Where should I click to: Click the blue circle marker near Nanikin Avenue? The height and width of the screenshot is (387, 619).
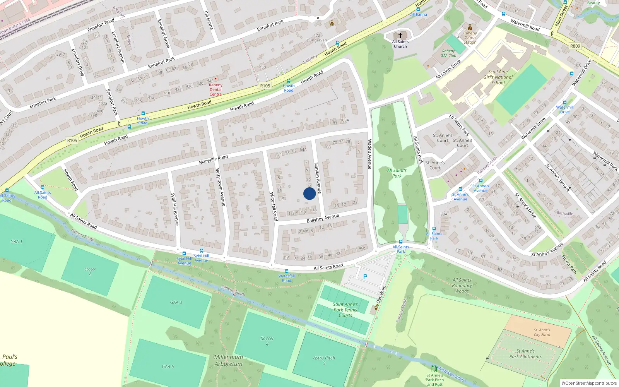coord(309,193)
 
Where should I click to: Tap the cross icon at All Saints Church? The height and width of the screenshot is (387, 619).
coord(400,35)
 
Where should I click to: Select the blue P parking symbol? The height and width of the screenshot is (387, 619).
coord(365,277)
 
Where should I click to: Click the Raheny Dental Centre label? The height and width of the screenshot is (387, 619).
coord(215,89)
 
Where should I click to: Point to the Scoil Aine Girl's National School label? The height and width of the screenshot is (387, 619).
coord(498,77)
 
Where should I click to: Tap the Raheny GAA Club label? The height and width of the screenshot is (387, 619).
coord(448,53)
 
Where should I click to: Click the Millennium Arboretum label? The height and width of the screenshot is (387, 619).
coord(228,360)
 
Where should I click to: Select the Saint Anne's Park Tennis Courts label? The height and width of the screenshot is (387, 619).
coord(345,310)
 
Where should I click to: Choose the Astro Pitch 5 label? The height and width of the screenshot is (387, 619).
coord(324,360)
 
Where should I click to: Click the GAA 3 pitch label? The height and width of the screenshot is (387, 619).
coord(176,302)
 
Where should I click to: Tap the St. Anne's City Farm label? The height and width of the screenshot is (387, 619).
coord(542,332)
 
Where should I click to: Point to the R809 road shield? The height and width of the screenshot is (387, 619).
coord(575,46)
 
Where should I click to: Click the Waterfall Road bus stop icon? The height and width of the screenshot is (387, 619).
coord(286,272)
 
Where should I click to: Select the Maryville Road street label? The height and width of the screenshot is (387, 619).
coord(213,159)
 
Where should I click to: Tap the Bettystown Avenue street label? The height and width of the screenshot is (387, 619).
coord(220,187)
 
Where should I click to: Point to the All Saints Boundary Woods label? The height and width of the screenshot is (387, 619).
coord(462,286)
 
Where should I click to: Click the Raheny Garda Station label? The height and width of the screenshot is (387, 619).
coord(470,38)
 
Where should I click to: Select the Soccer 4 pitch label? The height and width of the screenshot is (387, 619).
coord(267,341)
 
